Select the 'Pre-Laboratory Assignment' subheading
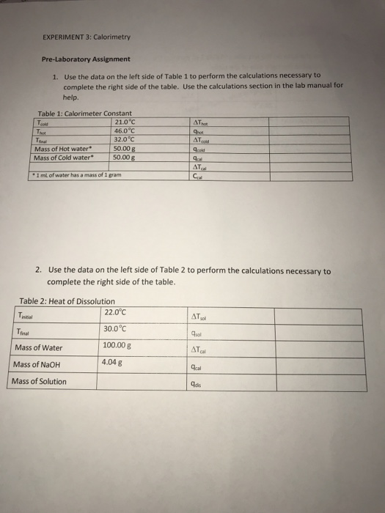pos(86,59)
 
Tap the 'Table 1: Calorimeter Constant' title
pos(84,114)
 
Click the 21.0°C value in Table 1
pos(126,121)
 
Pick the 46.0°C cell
pos(126,130)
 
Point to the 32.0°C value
pos(126,138)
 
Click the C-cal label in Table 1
pos(197,174)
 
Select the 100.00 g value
pos(118,345)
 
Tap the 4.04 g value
pos(112,361)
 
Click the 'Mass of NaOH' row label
pos(38,364)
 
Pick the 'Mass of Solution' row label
pos(40,381)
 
